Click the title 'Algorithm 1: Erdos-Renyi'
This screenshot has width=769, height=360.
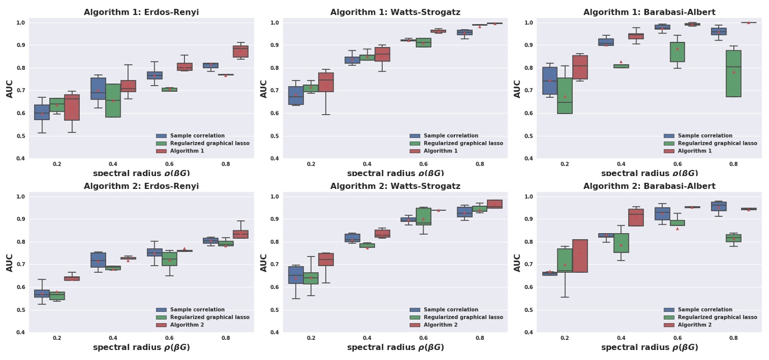click(x=141, y=12)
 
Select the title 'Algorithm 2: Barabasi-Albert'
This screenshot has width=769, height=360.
click(x=649, y=186)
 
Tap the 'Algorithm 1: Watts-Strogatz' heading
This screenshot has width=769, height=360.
click(x=395, y=12)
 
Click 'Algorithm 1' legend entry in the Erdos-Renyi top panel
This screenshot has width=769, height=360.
click(x=187, y=151)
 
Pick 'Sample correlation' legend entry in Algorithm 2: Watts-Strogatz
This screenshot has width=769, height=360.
click(x=451, y=310)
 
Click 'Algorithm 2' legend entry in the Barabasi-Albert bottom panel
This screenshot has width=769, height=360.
click(x=694, y=325)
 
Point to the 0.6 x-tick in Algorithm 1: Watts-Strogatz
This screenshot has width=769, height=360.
click(x=424, y=164)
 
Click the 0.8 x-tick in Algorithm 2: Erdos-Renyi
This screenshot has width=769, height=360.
click(x=226, y=338)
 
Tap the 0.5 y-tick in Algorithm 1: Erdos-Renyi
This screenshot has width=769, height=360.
click(x=21, y=136)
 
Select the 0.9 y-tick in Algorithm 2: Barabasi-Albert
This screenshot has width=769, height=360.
click(x=529, y=219)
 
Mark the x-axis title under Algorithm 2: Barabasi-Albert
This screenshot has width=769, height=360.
click(x=649, y=348)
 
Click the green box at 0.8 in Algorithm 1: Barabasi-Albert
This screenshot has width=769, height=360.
click(x=734, y=74)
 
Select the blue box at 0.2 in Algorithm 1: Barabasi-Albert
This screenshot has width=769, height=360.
click(x=550, y=81)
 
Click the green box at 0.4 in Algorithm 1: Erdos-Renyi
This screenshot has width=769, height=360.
click(x=113, y=101)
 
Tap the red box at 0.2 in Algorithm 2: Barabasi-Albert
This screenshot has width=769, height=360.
click(x=580, y=256)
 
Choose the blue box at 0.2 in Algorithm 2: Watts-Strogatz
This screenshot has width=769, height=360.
click(x=296, y=275)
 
